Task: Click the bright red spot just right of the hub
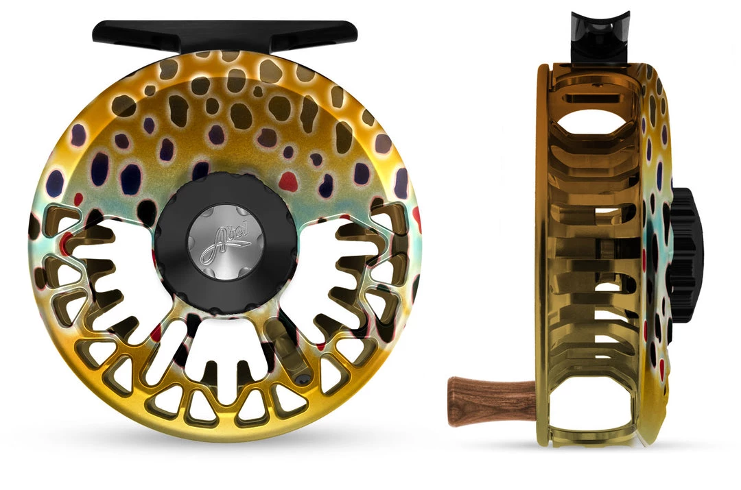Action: click(x=289, y=182)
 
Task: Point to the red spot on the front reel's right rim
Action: click(x=416, y=218)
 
